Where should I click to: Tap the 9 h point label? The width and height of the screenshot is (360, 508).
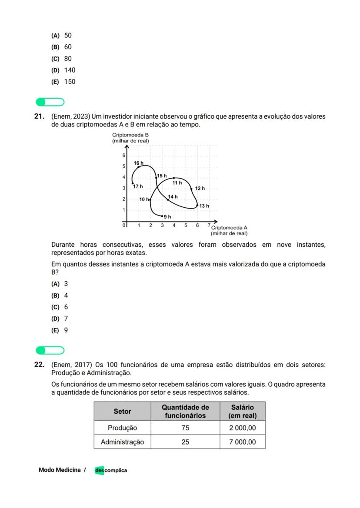[167, 216]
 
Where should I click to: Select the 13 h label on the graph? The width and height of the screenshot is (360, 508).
[204, 206]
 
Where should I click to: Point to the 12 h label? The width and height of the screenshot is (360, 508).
[200, 188]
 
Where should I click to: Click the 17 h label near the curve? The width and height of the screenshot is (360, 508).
[138, 186]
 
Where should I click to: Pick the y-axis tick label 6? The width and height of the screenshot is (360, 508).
[123, 156]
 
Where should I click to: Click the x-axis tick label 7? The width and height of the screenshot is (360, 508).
[209, 225]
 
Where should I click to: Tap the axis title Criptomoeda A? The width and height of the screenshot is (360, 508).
[229, 227]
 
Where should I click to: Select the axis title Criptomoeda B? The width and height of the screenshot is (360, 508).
[130, 135]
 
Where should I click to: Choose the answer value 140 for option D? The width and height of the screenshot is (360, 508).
[70, 70]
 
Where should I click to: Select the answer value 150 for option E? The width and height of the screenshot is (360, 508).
[70, 82]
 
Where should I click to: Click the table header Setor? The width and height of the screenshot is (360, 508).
[122, 411]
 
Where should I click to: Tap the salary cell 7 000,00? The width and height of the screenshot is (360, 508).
[243, 442]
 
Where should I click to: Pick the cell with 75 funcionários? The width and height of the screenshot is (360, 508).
[185, 428]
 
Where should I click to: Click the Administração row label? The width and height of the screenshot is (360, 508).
[122, 442]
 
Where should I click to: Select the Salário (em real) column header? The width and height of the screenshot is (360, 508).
[243, 411]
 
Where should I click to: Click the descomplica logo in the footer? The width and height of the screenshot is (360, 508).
[111, 470]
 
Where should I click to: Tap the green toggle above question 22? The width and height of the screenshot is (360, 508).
[50, 350]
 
